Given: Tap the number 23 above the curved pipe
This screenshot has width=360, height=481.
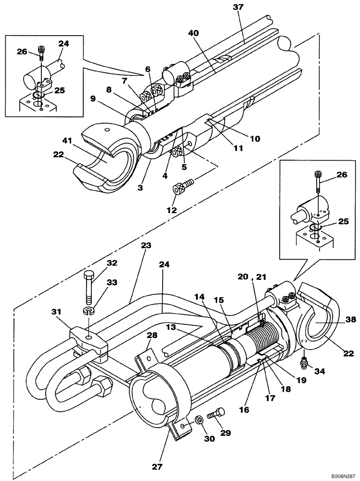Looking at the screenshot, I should tap(146, 245).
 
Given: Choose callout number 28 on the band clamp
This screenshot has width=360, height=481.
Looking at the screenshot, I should tap(152, 334).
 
